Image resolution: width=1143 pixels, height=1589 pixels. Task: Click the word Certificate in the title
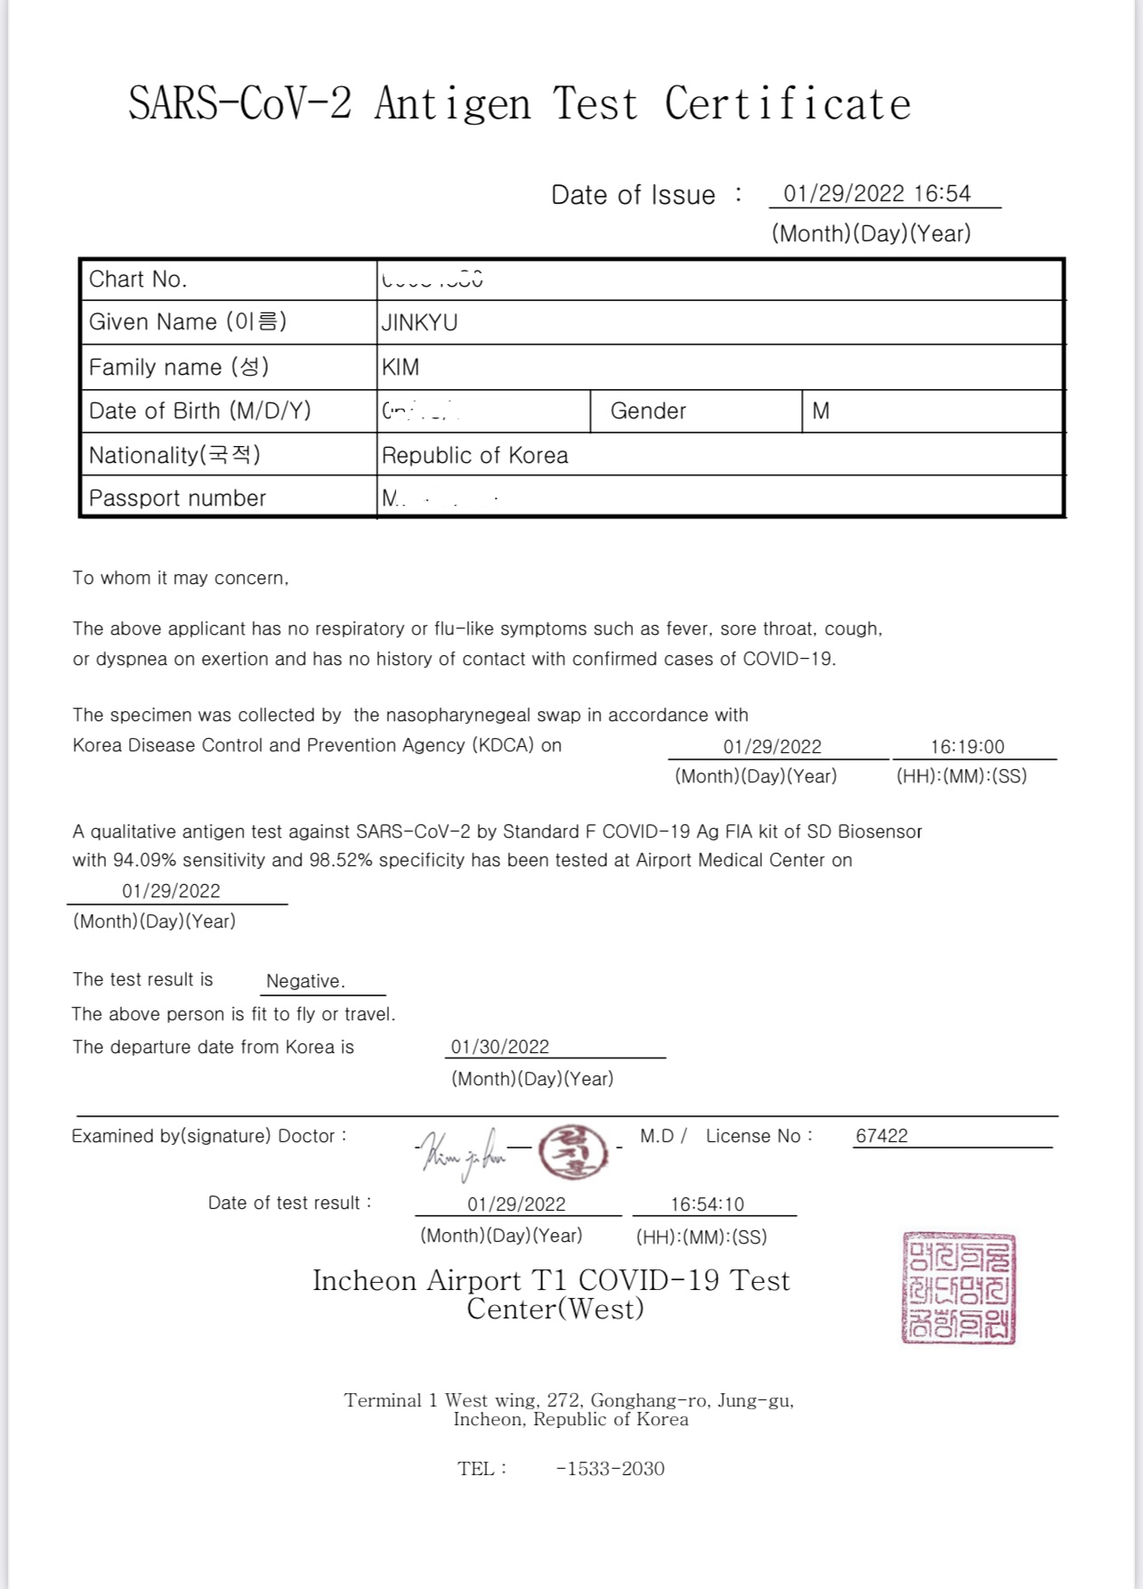pyautogui.click(x=787, y=104)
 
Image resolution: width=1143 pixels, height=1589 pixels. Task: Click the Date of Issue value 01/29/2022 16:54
pyautogui.click(x=876, y=194)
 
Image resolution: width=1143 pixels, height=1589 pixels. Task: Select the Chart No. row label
pyautogui.click(x=138, y=280)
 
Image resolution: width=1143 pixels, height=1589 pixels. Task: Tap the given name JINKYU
pyautogui.click(x=419, y=322)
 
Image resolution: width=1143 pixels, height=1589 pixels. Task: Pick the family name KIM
pyautogui.click(x=401, y=367)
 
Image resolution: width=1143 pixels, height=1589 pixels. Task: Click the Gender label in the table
pyautogui.click(x=648, y=411)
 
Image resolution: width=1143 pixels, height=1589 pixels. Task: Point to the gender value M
pyautogui.click(x=821, y=411)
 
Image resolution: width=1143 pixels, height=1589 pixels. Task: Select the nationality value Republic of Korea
pyautogui.click(x=474, y=456)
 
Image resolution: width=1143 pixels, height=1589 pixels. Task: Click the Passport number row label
pyautogui.click(x=177, y=499)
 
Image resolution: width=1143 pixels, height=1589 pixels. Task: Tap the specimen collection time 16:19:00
pyautogui.click(x=967, y=747)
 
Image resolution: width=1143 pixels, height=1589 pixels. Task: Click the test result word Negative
pyautogui.click(x=305, y=981)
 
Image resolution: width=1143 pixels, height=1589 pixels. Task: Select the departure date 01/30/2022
pyautogui.click(x=500, y=1047)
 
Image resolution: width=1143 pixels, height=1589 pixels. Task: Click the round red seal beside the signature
pyautogui.click(x=571, y=1152)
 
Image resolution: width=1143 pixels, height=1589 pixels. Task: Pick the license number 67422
pyautogui.click(x=881, y=1136)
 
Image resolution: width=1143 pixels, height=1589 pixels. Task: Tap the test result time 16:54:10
pyautogui.click(x=707, y=1204)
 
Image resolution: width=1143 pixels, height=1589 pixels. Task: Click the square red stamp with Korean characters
pyautogui.click(x=959, y=1287)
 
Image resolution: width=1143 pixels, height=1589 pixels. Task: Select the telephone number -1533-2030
pyautogui.click(x=610, y=1469)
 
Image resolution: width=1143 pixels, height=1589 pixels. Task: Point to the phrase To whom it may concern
pyautogui.click(x=181, y=579)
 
